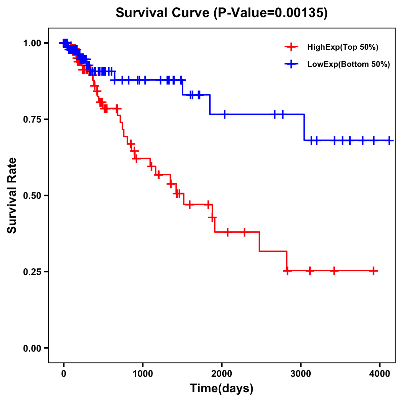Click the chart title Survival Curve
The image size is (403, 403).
pyautogui.click(x=163, y=13)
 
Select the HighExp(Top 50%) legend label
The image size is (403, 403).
pyautogui.click(x=343, y=47)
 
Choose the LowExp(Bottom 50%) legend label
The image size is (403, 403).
pyautogui.click(x=349, y=64)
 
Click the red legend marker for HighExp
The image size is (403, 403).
pyautogui.click(x=291, y=47)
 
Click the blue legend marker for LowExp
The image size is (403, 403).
pyautogui.click(x=291, y=64)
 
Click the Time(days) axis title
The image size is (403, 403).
pyautogui.click(x=222, y=389)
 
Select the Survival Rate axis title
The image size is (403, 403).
pyautogui.click(x=12, y=195)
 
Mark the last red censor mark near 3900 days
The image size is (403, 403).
pyautogui.click(x=373, y=271)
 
